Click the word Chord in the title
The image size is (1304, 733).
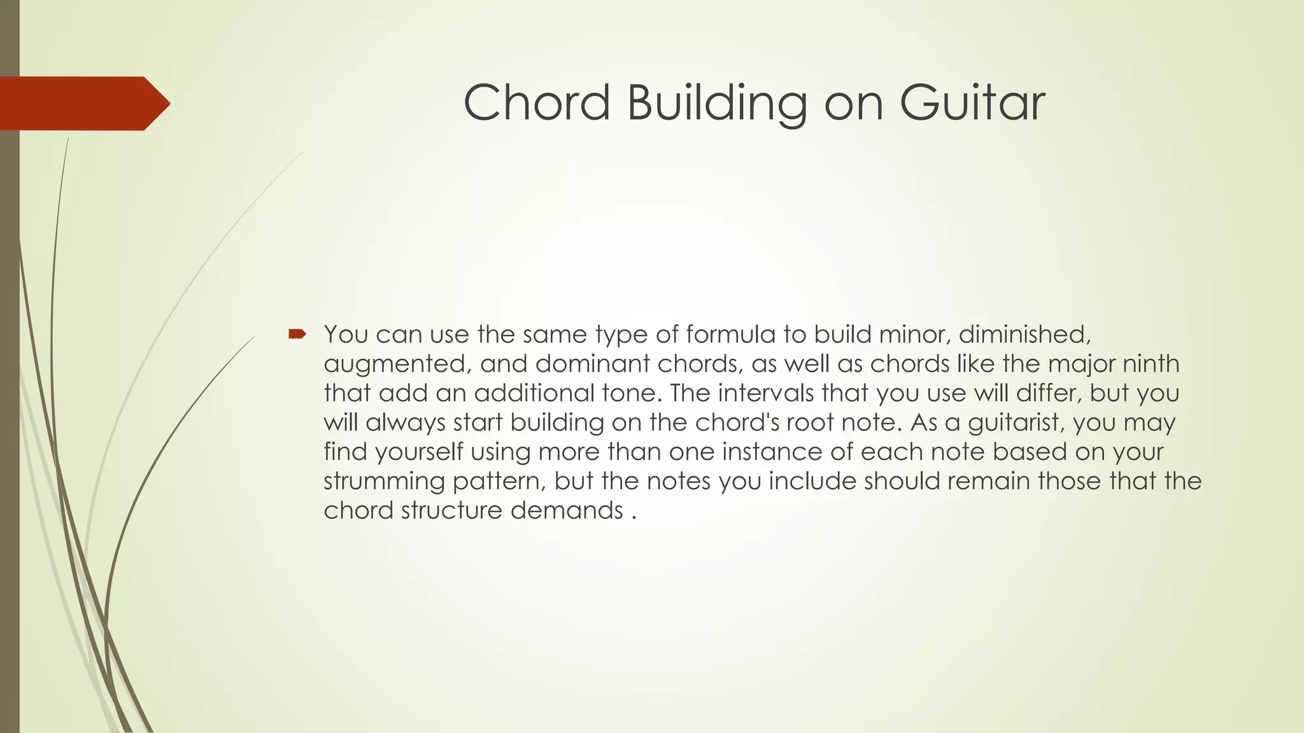click(x=537, y=103)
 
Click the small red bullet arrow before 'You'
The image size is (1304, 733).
click(x=297, y=333)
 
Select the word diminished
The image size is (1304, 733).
click(x=1024, y=334)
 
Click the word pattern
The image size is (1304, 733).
click(x=499, y=481)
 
